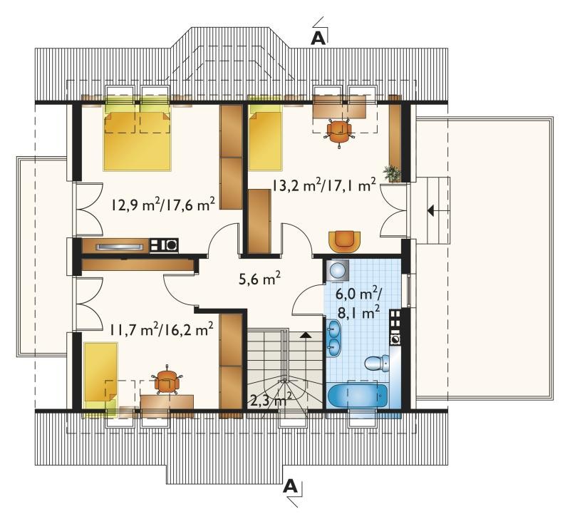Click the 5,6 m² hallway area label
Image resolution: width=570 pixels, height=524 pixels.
pyautogui.click(x=259, y=280)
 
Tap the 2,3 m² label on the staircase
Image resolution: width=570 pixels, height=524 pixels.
pyautogui.click(x=271, y=401)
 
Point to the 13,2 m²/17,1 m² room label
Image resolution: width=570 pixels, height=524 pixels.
pyautogui.click(x=324, y=186)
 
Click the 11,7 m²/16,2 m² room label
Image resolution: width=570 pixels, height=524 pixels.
pyautogui.click(x=162, y=330)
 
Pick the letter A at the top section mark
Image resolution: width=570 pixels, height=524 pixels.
pyautogui.click(x=318, y=38)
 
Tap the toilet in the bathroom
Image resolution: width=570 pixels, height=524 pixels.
pyautogui.click(x=377, y=364)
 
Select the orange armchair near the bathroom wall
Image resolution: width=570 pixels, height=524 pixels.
pyautogui.click(x=344, y=241)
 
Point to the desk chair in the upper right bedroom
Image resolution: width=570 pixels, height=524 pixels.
pyautogui.click(x=339, y=130)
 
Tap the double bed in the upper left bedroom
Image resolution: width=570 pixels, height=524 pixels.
pyautogui.click(x=137, y=138)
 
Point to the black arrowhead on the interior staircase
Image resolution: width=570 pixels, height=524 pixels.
pyautogui.click(x=306, y=335)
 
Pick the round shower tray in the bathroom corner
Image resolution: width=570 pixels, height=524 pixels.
pyautogui.click(x=337, y=270)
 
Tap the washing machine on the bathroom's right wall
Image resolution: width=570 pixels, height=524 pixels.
pyautogui.click(x=395, y=339)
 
